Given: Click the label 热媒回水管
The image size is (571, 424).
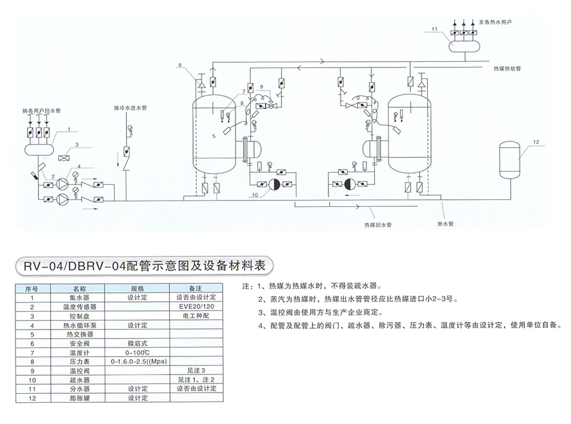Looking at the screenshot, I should click(378, 225).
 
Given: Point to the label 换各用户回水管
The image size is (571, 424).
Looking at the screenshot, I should click(41, 110).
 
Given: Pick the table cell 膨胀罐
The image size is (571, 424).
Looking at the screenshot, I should click(79, 398).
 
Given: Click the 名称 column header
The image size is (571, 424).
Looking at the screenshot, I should click(79, 289).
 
